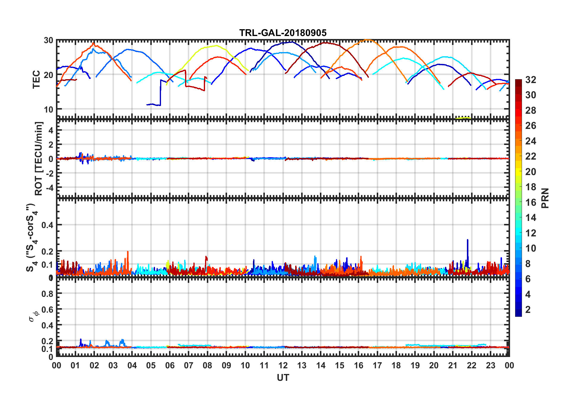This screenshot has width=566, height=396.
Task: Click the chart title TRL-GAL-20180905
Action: click(283, 33)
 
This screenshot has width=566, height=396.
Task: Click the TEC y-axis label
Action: click(36, 79)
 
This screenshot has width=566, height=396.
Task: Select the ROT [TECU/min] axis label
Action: click(39, 158)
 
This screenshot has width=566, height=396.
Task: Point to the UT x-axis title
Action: click(283, 378)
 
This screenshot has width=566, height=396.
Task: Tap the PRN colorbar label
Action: click(545, 198)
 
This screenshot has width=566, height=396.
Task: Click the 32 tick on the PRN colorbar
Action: click(531, 80)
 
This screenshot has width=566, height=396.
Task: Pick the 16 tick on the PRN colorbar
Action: click(531, 202)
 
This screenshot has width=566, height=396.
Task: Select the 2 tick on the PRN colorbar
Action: click(528, 310)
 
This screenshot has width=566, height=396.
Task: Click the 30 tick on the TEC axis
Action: click(49, 40)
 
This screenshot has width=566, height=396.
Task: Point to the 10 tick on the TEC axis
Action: click(49, 109)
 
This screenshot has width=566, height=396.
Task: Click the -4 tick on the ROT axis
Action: click(49, 188)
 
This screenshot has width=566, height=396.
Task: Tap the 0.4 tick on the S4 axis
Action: click(47, 225)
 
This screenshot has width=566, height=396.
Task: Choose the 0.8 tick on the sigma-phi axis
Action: click(47, 294)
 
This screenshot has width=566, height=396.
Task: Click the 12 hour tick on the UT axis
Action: click(283, 365)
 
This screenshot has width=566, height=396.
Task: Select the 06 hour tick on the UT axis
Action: click(170, 365)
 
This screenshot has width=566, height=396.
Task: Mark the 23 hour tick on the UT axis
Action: click(490, 365)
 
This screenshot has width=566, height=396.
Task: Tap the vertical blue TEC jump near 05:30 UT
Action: click(161, 92)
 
